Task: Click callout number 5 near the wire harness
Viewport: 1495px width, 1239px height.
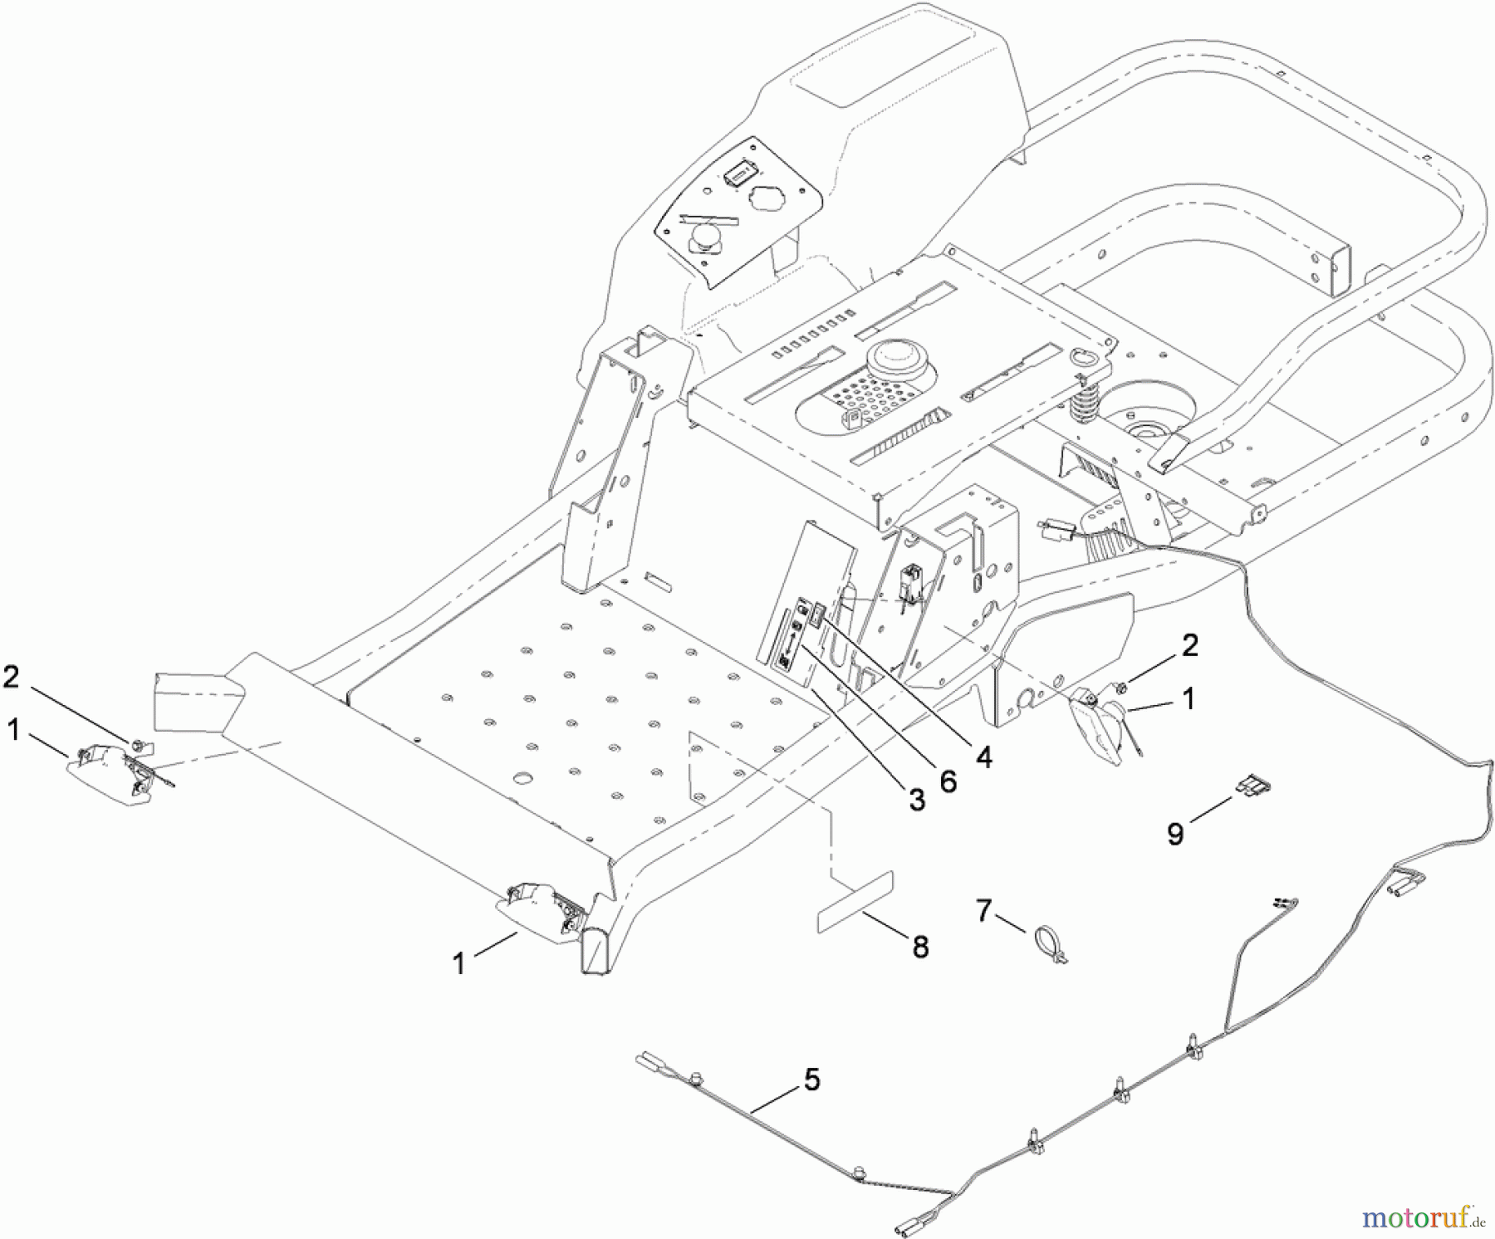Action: click(811, 1080)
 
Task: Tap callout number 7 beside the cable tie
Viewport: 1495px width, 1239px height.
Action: click(983, 911)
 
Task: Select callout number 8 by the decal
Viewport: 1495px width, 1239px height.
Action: click(920, 947)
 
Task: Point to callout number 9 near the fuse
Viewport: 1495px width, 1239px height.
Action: click(1174, 833)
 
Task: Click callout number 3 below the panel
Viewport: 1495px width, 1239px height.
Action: click(916, 800)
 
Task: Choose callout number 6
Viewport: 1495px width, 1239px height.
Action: click(948, 781)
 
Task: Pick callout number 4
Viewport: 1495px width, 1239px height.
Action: click(983, 757)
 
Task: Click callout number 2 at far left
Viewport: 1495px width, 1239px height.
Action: click(11, 677)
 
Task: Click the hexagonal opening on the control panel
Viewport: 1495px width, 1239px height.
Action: click(768, 200)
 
